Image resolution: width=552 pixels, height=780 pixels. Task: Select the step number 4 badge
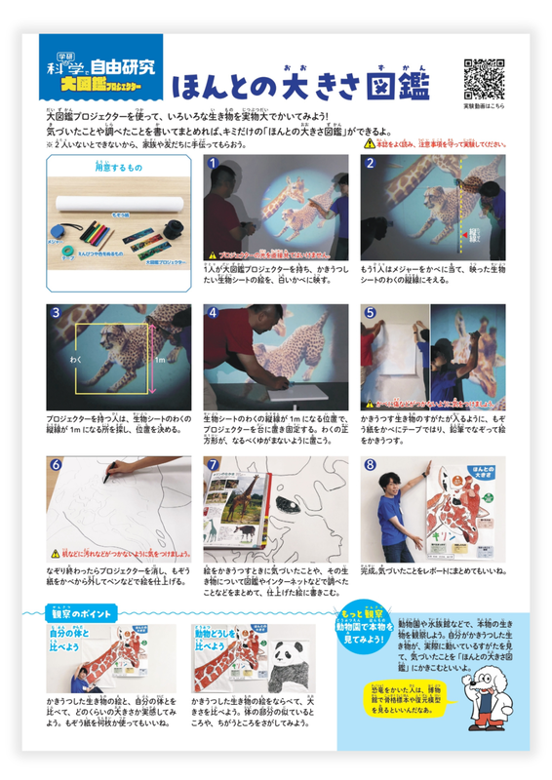pyautogui.click(x=213, y=313)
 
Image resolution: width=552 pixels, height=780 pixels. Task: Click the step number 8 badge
pyautogui.click(x=370, y=465)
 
